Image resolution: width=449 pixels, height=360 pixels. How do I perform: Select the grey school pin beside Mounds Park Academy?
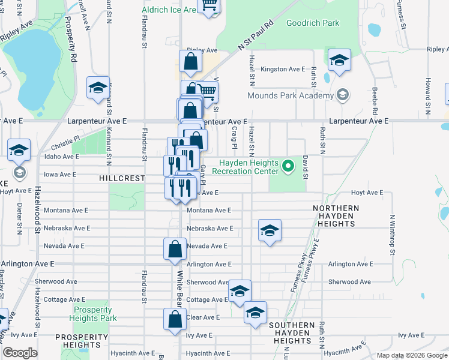coord(343,95)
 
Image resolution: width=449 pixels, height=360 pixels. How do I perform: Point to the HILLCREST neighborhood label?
coord(122,179)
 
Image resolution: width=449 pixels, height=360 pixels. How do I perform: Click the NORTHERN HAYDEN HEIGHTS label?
coord(336,216)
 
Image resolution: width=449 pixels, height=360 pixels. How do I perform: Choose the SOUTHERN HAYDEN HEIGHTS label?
coord(292,333)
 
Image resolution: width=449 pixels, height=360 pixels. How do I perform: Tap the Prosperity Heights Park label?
coord(92,314)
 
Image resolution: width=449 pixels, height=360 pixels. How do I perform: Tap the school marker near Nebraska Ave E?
coord(270,230)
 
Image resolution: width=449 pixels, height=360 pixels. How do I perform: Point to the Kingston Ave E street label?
coord(283,70)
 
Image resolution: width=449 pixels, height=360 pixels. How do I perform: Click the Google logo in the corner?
coord(20,353)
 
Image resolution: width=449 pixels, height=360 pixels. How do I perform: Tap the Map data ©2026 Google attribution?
coord(412,355)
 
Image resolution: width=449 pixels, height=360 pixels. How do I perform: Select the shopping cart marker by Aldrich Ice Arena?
coord(209,6)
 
